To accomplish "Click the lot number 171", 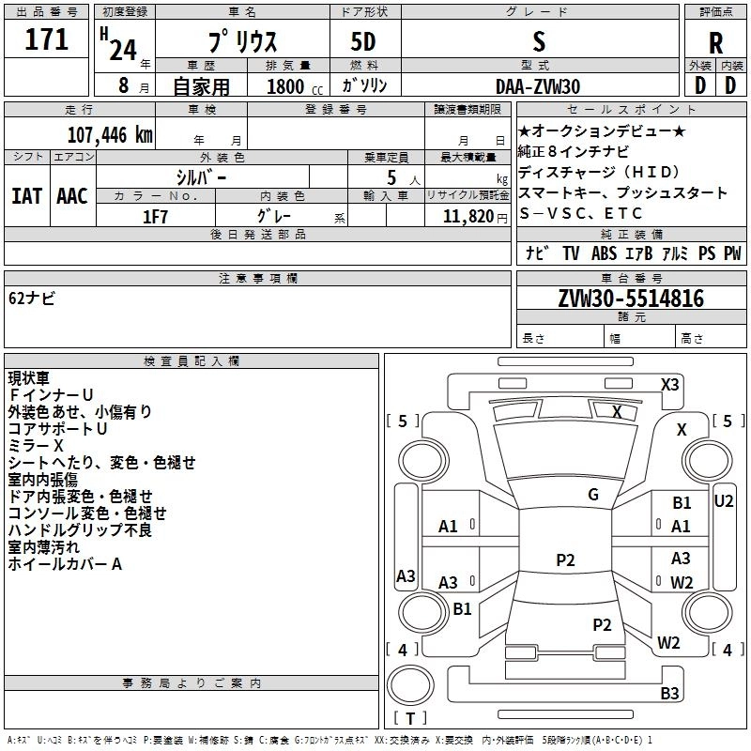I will tap(46, 39).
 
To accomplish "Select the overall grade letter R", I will tap(715, 43).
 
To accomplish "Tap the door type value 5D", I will tap(363, 42).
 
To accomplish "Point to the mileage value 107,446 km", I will tap(110, 134).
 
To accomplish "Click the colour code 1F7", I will tap(156, 215).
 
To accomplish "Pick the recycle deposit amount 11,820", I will tap(467, 216).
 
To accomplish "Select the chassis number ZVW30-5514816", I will tap(631, 299).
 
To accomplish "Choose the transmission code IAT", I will tap(26, 196).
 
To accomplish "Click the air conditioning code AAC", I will tap(71, 196).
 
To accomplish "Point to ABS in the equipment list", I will tap(604, 253).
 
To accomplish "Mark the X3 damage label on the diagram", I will tap(669, 384).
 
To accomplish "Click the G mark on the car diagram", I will tap(593, 494).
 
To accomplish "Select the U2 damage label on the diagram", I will tap(723, 501).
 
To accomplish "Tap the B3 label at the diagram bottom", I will tap(669, 694).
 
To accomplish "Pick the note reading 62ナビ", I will tap(32, 299).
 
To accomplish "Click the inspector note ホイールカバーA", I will tap(65, 564).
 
